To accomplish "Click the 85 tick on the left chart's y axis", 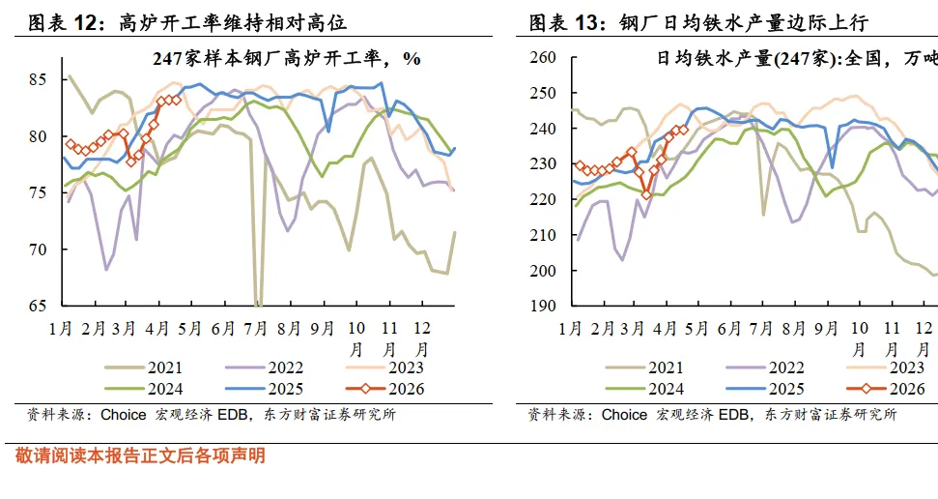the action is click(37, 79).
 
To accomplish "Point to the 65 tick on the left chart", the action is click(37, 306).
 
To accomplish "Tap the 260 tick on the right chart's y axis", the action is click(543, 57).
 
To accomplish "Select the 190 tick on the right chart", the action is click(543, 306).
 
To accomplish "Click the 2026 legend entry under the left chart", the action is click(385, 389).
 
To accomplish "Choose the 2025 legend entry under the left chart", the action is click(265, 389).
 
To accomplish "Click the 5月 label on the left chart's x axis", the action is click(189, 328).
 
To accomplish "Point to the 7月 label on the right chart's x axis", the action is click(761, 328).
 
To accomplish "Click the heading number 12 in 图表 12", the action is click(86, 23).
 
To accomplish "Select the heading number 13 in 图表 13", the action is click(586, 23).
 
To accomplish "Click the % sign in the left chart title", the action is click(412, 59).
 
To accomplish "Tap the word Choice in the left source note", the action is click(124, 415).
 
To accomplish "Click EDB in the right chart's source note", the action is click(734, 415).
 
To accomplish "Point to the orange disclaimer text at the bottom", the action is click(140, 455).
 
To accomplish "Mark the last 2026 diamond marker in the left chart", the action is click(176, 100).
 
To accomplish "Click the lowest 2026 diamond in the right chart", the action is click(646, 194).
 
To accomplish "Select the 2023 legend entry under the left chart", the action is click(385, 367).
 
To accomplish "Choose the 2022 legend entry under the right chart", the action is click(765, 367).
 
